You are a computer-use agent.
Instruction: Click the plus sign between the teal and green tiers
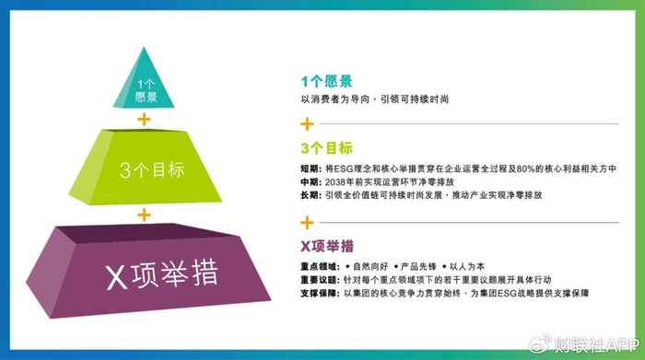tap(143, 120)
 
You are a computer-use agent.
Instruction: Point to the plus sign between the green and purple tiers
tap(143, 214)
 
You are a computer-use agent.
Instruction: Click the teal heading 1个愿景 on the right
tap(326, 81)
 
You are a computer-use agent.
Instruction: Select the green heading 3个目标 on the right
tap(326, 147)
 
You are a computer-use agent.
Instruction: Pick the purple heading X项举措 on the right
tap(327, 246)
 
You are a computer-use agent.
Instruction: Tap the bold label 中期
tap(310, 182)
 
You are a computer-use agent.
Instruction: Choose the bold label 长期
tap(310, 195)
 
